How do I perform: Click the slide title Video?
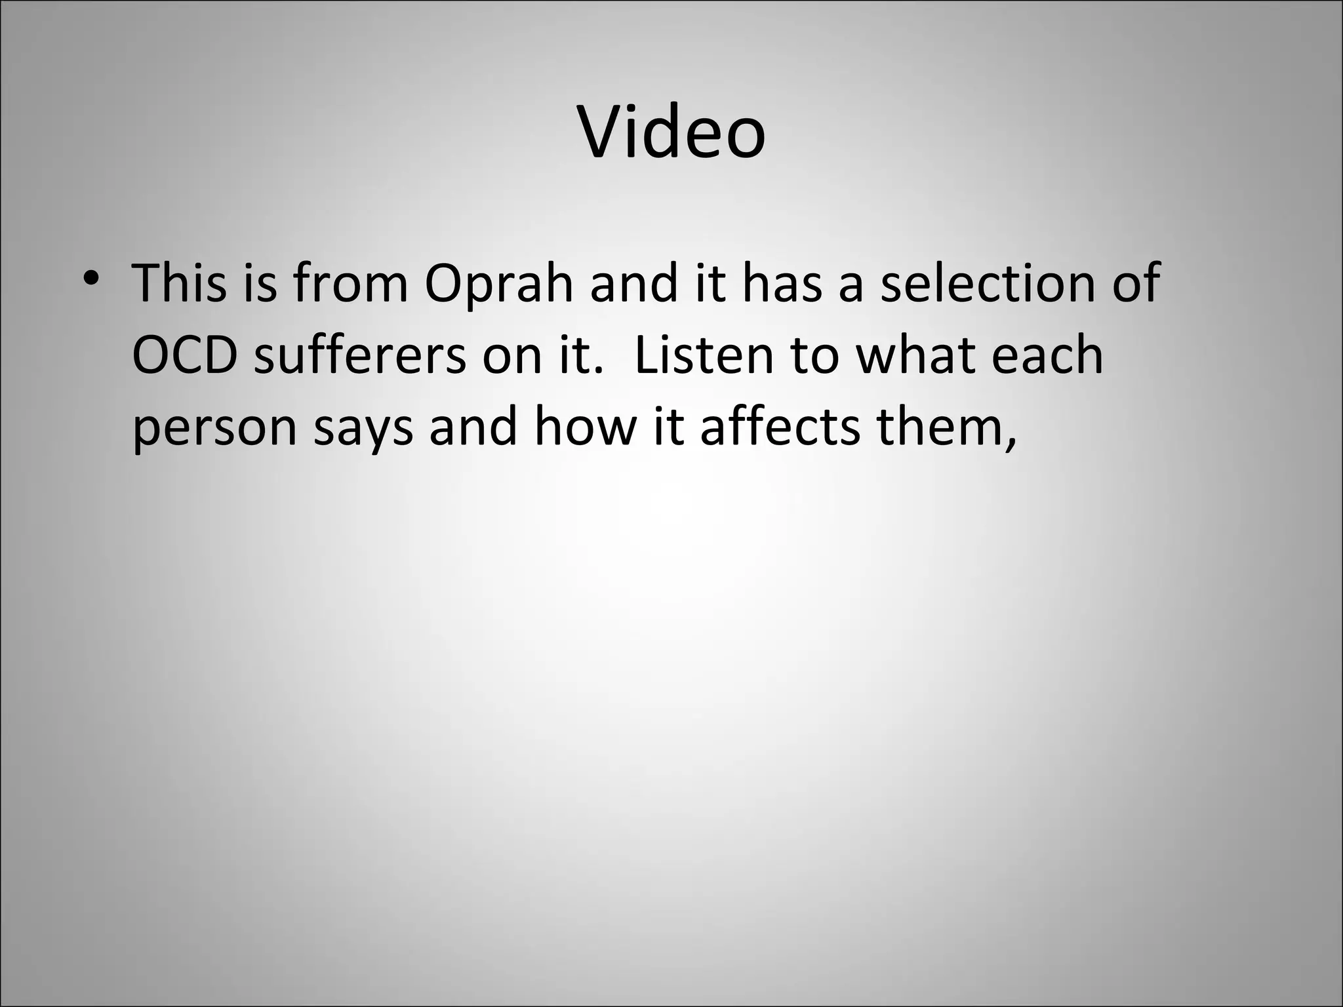[671, 133]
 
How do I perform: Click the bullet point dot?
[91, 278]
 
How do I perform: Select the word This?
[178, 283]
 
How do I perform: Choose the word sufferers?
[359, 356]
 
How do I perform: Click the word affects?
[780, 427]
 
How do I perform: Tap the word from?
[351, 283]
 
